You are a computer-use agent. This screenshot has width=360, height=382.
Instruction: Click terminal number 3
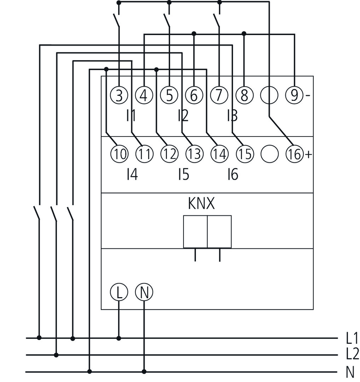[119, 95]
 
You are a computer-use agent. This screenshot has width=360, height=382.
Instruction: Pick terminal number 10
[119, 154]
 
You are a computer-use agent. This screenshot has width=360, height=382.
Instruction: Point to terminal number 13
[194, 154]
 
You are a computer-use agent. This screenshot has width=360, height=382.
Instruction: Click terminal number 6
[194, 95]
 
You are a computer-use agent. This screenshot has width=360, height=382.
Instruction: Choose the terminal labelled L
[119, 293]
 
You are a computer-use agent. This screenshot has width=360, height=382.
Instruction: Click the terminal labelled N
[144, 293]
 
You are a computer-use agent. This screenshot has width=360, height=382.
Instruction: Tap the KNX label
[201, 204]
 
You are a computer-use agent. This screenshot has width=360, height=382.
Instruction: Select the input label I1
[132, 116]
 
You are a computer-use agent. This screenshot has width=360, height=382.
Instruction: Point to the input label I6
[233, 174]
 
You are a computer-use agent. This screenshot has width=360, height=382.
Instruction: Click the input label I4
[132, 174]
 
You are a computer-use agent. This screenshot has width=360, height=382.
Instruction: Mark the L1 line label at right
[352, 338]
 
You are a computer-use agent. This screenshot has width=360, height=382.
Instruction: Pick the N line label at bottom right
[350, 372]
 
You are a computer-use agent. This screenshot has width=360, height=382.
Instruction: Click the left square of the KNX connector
[195, 232]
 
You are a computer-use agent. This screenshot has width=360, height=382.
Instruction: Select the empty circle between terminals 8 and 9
[269, 95]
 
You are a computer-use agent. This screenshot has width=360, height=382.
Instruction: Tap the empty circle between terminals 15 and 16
[269, 154]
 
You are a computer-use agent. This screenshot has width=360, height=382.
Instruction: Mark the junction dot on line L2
[56, 355]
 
